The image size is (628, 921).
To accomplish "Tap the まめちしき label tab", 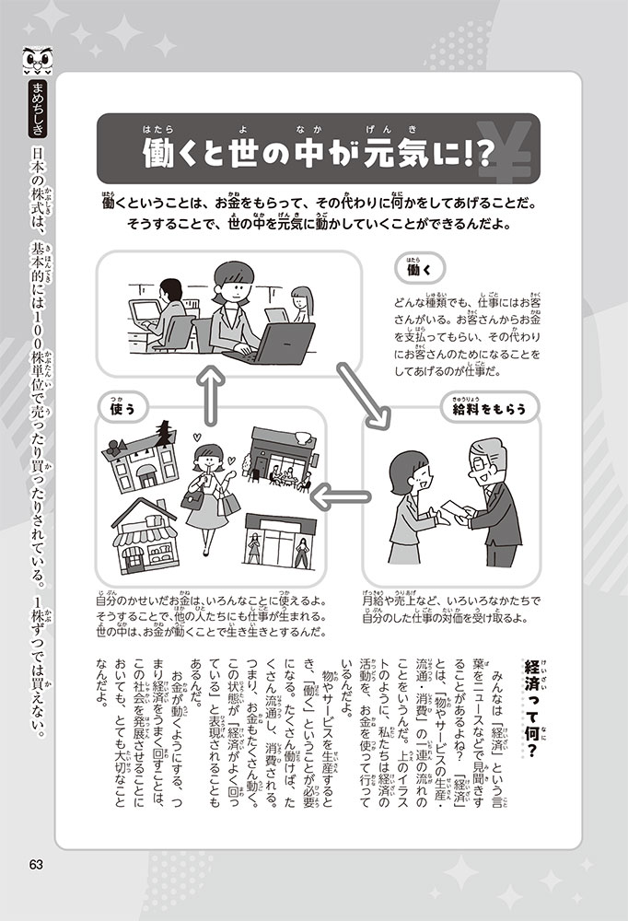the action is [x=38, y=110].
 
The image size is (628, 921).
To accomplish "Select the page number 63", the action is [x=36, y=865].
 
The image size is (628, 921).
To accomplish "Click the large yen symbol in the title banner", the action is [x=506, y=150].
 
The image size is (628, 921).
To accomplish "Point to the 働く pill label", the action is [x=420, y=270].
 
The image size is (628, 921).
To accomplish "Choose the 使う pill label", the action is [x=122, y=408].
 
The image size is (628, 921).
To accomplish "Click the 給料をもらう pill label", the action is [x=489, y=408].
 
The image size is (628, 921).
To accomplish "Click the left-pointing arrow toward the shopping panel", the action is [x=340, y=498].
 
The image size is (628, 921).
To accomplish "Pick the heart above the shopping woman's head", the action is [x=197, y=437].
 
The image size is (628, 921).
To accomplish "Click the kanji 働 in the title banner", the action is [x=157, y=154].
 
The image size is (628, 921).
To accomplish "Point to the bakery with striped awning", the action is [x=145, y=537].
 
